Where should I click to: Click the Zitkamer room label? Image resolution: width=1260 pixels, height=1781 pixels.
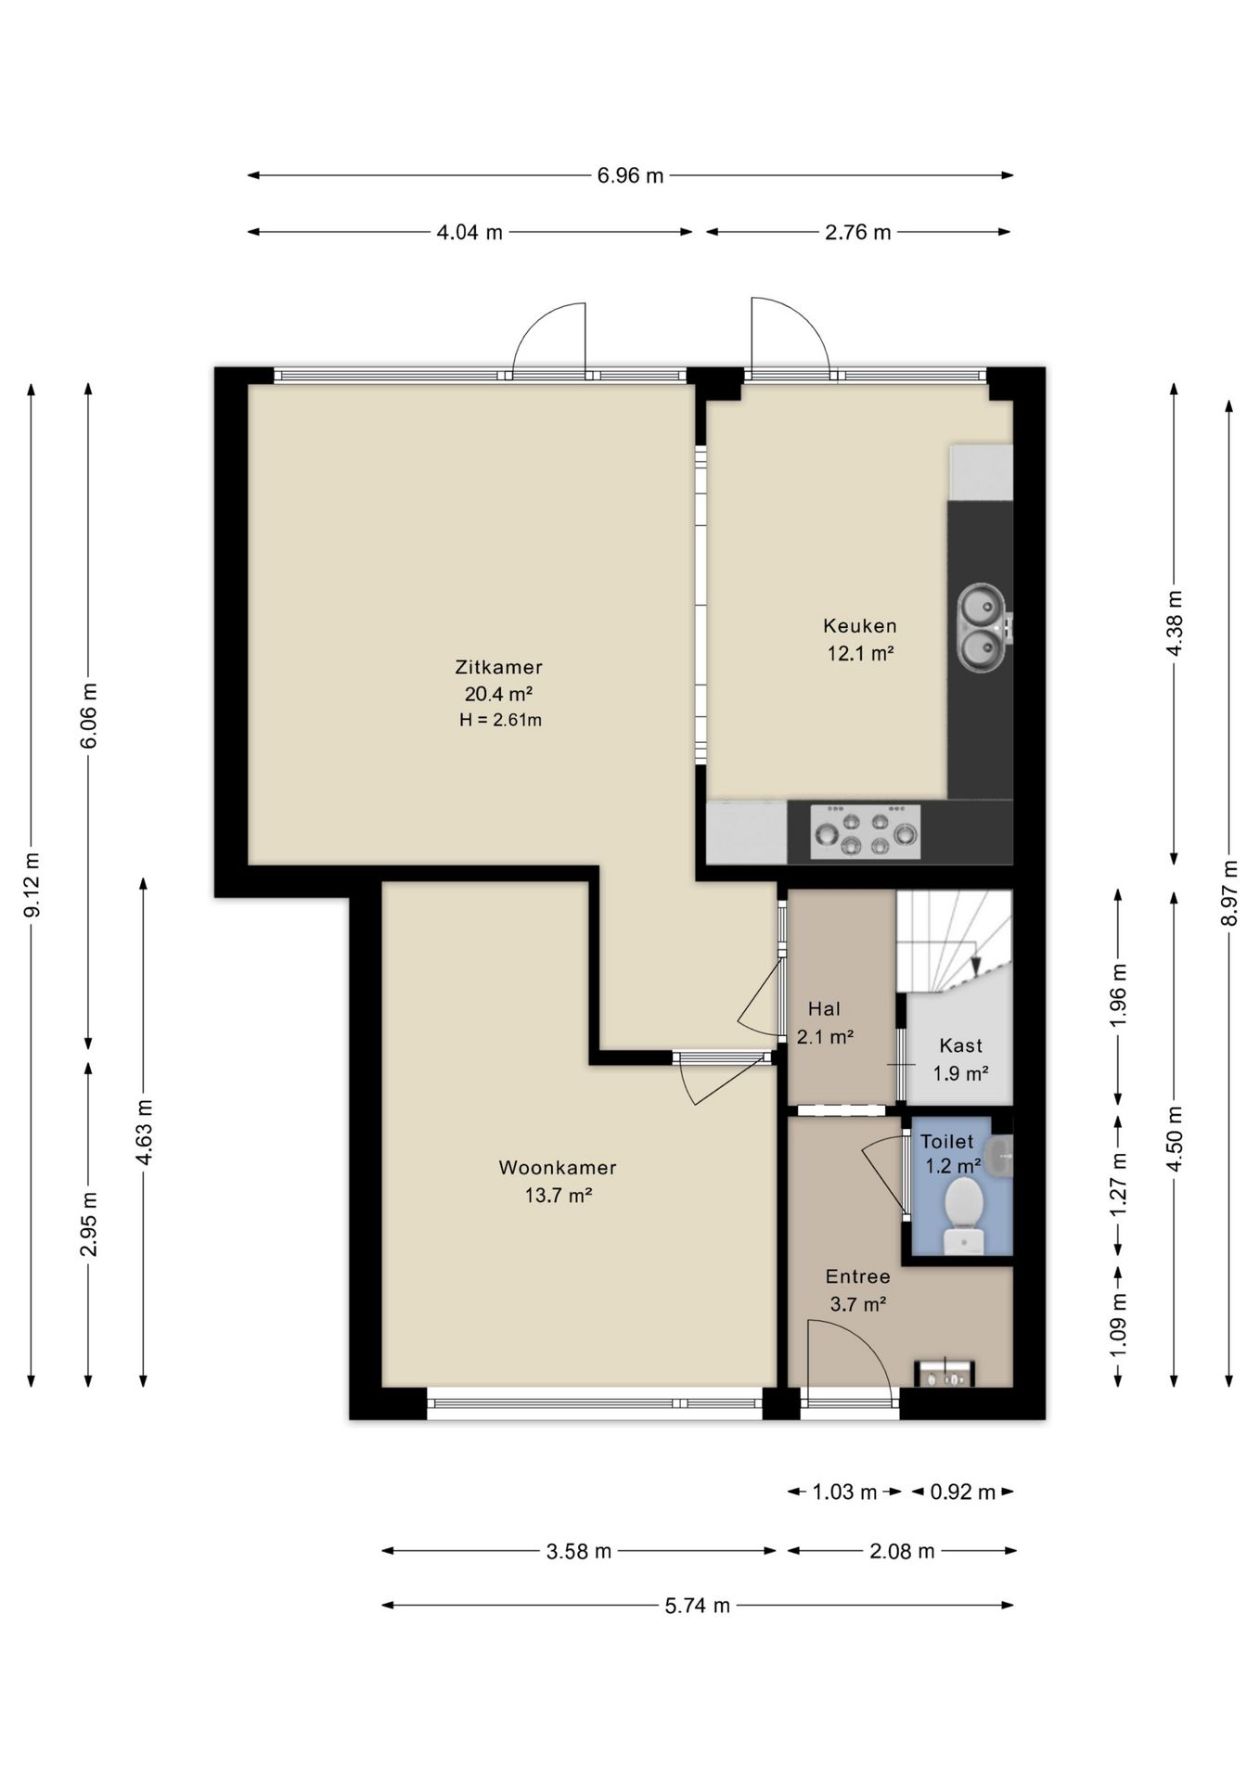tap(498, 667)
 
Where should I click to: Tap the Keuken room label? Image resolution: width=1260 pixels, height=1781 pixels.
tap(860, 626)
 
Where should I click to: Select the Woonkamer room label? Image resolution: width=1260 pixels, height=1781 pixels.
tap(558, 1168)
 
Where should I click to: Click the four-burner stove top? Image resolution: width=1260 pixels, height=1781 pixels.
tap(865, 832)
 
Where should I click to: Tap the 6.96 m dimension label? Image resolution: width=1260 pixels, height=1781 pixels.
tap(630, 175)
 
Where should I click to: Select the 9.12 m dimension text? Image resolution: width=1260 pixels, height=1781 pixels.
tap(32, 884)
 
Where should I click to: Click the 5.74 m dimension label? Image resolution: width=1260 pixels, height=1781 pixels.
tap(697, 1606)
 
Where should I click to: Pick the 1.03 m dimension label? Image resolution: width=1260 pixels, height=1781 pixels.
tap(844, 1493)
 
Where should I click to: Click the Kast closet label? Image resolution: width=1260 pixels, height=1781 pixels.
tap(960, 1046)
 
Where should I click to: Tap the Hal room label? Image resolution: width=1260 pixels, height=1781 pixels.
tap(824, 1009)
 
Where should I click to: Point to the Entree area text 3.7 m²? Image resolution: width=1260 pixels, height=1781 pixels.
tap(858, 1304)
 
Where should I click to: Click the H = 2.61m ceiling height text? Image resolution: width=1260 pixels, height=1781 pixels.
tap(500, 720)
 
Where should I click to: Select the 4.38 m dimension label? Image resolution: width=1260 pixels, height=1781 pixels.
tap(1174, 623)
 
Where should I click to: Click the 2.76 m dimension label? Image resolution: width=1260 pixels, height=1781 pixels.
tap(857, 233)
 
